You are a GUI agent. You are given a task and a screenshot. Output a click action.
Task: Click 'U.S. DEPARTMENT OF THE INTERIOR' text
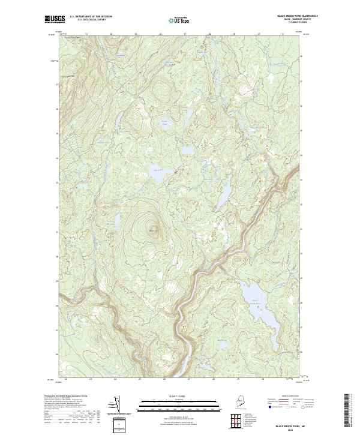(x=91, y=16)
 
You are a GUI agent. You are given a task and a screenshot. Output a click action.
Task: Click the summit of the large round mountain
(x=152, y=228)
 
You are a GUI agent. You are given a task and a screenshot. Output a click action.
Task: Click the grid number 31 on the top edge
(x=283, y=34)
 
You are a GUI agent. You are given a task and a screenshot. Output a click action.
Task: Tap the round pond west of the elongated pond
(x=158, y=170)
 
